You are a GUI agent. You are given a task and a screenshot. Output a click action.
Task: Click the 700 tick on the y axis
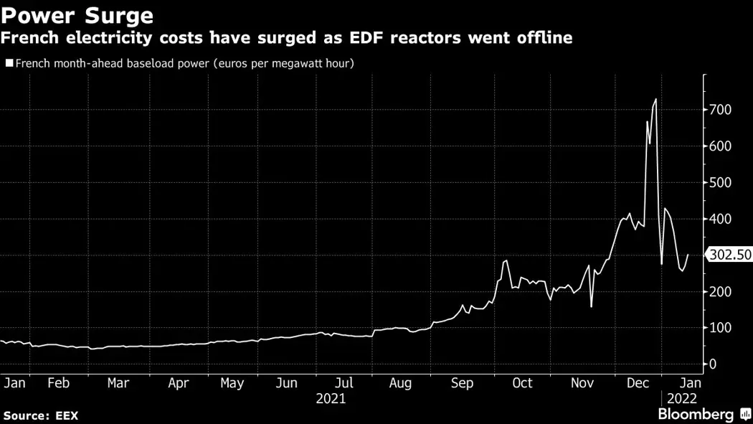pos(719,110)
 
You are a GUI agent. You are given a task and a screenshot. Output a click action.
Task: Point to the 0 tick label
pos(712,364)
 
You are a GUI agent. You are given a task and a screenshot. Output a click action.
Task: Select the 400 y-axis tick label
pos(719,219)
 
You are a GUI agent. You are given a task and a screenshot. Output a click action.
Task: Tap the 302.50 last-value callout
pos(729,255)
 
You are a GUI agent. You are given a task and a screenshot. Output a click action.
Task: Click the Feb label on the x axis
pos(58,383)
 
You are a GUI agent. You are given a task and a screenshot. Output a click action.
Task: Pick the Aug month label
pos(400,383)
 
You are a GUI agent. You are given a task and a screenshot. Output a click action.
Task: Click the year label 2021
pos(331,399)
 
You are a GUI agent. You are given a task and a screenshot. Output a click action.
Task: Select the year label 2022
pos(682,399)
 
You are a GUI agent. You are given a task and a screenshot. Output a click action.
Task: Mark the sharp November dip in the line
pos(592,307)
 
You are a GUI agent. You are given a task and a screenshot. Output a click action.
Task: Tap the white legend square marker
pos(9,63)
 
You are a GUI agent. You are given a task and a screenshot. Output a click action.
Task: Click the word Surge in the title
pos(116,14)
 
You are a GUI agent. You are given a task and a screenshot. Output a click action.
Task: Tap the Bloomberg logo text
pos(696,414)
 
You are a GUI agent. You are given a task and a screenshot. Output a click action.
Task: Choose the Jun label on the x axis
pos(287,383)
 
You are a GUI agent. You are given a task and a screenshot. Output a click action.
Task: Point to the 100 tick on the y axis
pos(719,328)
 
